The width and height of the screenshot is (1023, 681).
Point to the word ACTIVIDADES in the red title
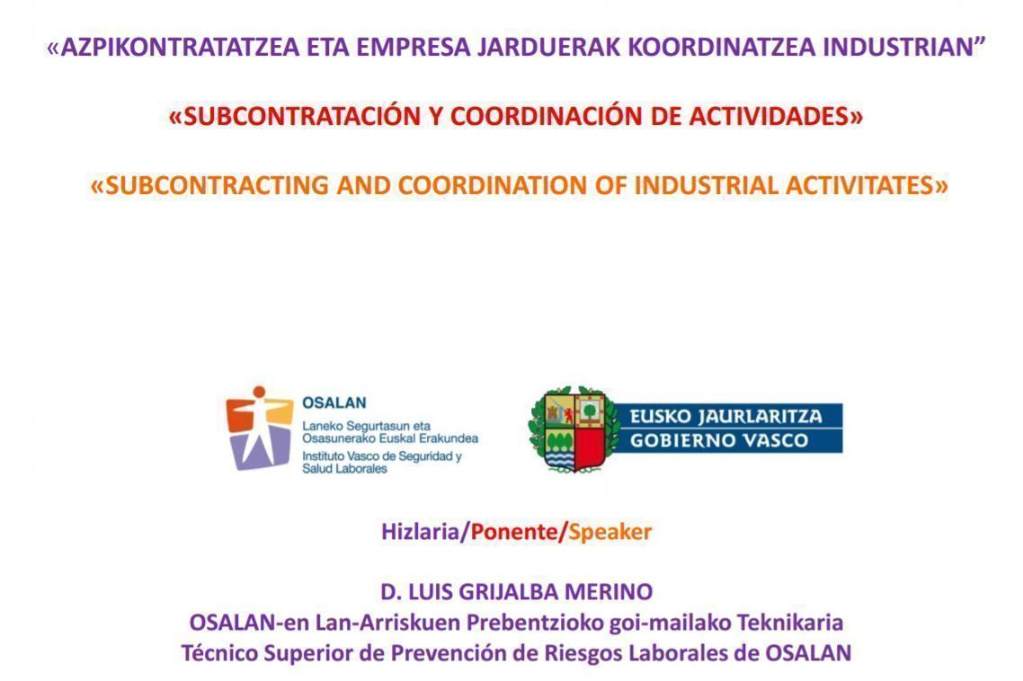[x=769, y=116]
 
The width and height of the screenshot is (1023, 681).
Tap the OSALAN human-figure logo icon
[x=259, y=428]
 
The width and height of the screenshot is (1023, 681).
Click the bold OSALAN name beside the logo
[x=334, y=402]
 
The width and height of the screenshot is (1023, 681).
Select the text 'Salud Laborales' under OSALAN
[x=344, y=469]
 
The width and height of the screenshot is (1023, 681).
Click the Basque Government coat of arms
[x=574, y=429]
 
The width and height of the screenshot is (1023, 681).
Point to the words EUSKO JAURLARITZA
[x=725, y=416]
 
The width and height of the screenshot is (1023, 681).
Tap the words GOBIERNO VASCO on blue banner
[x=719, y=440]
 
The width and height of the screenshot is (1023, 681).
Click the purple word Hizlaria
[x=420, y=532]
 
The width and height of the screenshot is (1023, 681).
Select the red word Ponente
[x=513, y=532]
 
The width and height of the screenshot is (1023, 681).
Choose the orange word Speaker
[x=610, y=533]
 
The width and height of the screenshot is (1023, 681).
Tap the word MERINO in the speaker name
[x=609, y=592]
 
